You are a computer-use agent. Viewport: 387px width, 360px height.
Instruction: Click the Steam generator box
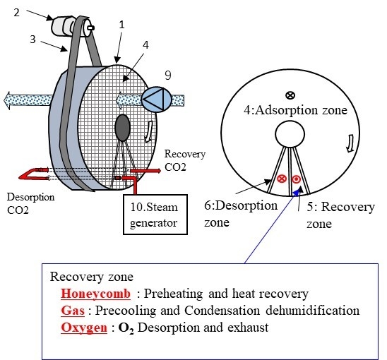[x=155, y=214]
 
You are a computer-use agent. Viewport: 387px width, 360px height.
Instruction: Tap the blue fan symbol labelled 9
[x=157, y=100]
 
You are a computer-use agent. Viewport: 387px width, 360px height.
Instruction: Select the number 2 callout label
[x=16, y=12]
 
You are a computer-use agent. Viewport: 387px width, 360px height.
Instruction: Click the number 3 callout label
[x=32, y=40]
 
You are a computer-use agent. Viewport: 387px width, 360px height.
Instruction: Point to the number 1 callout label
[x=121, y=25]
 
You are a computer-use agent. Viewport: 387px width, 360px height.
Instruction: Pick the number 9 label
[x=168, y=76]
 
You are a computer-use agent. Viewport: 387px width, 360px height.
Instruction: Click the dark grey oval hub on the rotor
[x=122, y=128]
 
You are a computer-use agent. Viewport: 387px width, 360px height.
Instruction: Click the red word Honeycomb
[x=96, y=294]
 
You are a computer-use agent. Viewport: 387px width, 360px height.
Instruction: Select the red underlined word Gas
[x=73, y=311]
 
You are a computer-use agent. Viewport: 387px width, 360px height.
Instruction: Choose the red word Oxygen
[x=84, y=328]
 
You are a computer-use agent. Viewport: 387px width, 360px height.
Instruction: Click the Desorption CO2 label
[x=30, y=203]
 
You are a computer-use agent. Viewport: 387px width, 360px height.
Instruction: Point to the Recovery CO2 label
[x=185, y=160]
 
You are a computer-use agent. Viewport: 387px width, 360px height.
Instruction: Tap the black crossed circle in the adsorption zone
[x=290, y=95]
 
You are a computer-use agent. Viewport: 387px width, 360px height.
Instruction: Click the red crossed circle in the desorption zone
[x=282, y=179]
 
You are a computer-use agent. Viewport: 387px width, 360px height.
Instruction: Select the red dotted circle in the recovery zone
[x=296, y=179]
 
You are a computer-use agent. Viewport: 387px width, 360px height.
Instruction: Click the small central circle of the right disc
[x=290, y=134]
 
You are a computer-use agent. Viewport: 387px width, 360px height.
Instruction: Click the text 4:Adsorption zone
[x=295, y=110]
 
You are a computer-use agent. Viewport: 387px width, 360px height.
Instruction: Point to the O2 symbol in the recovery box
[x=126, y=328]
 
